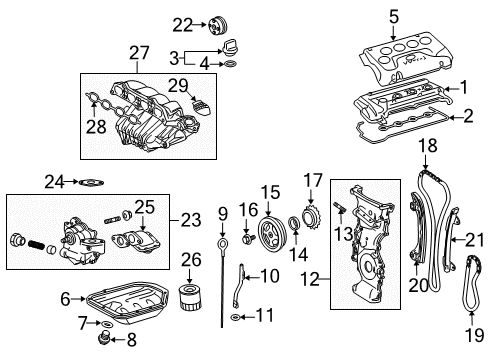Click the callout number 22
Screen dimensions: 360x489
[181, 24]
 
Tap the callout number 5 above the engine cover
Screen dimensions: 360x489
[394, 15]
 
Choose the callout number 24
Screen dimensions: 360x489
[52, 182]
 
